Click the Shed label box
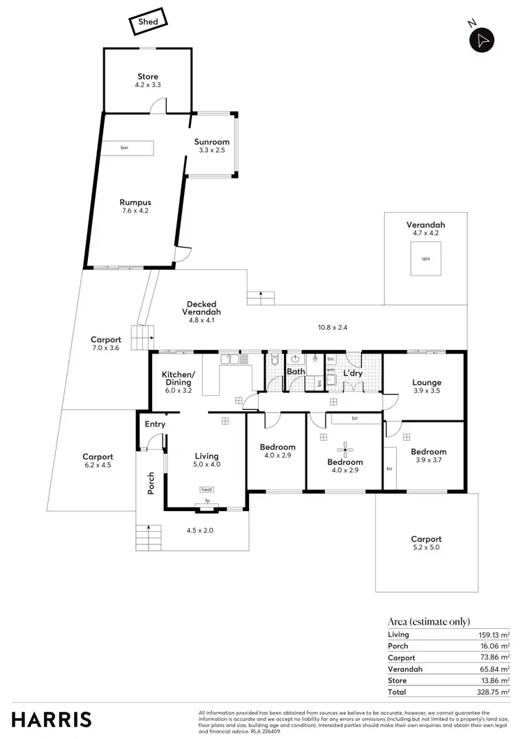pos(148,22)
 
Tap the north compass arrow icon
pos(482,40)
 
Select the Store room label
pos(148,77)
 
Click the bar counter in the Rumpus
pos(126,148)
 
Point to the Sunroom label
pos(212,142)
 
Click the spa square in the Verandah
pos(425,259)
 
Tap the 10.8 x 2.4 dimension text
pos(333,326)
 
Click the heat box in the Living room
pos(207,489)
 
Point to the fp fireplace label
pos(207,501)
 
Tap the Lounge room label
pos(427,383)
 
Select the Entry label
pos(155,425)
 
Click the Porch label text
pos(151,484)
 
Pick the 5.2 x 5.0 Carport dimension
pos(426,548)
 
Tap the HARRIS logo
pos(51,719)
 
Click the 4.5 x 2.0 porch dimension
pos(199,531)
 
